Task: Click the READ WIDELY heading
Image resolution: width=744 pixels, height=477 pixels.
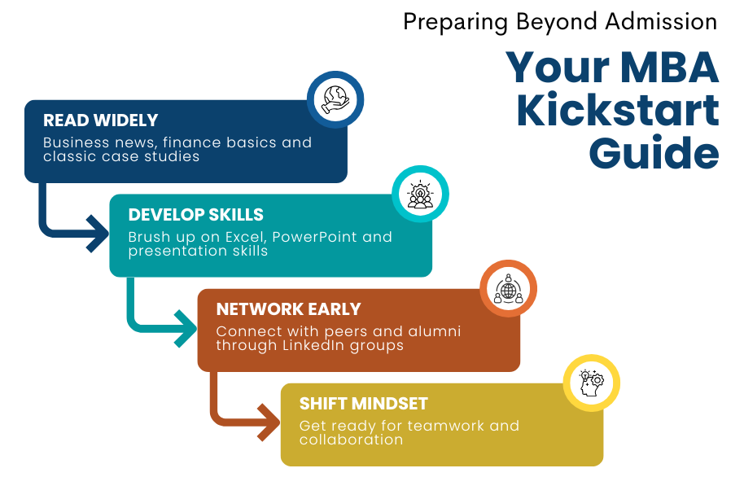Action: coord(101,120)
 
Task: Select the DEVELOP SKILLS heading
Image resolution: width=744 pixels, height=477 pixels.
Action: coord(196,215)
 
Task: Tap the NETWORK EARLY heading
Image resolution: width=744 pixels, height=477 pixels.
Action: coord(288,309)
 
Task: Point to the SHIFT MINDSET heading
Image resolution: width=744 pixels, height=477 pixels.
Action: coord(364,404)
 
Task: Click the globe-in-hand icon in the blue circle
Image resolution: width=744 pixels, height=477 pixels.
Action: coord(335,99)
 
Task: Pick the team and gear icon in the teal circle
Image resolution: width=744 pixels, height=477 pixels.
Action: coord(420,194)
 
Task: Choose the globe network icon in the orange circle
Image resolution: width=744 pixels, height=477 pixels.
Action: coord(508,289)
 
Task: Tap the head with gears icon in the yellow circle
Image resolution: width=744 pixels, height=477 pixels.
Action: coord(592,383)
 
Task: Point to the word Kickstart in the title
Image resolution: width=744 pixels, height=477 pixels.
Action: coord(619,111)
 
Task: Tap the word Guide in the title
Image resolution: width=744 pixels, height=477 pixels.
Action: coord(654,153)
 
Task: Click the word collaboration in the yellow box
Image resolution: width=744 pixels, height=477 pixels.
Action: coord(351,440)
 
